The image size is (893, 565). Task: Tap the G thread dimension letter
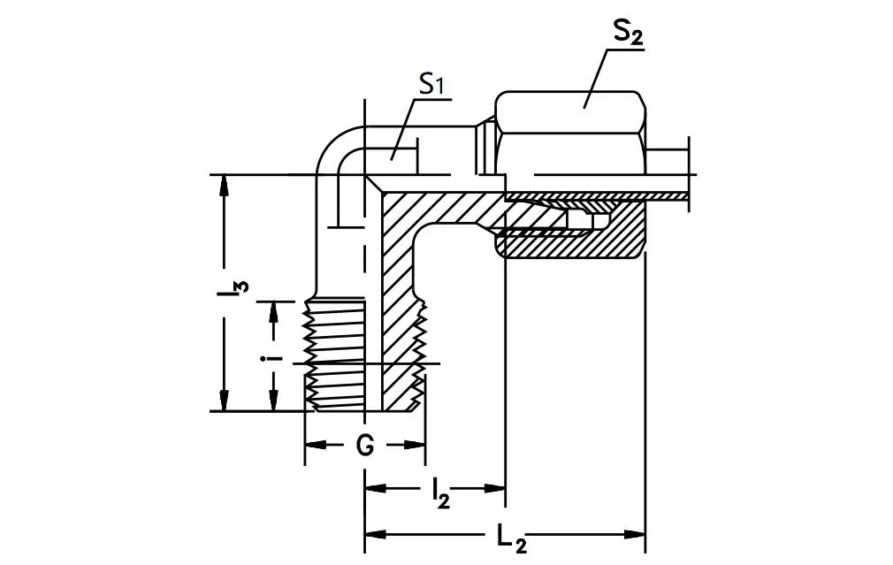[x=364, y=446]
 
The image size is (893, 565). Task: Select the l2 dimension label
[x=440, y=492]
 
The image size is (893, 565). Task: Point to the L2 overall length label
[x=511, y=537]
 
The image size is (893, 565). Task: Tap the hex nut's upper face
[x=570, y=111]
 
